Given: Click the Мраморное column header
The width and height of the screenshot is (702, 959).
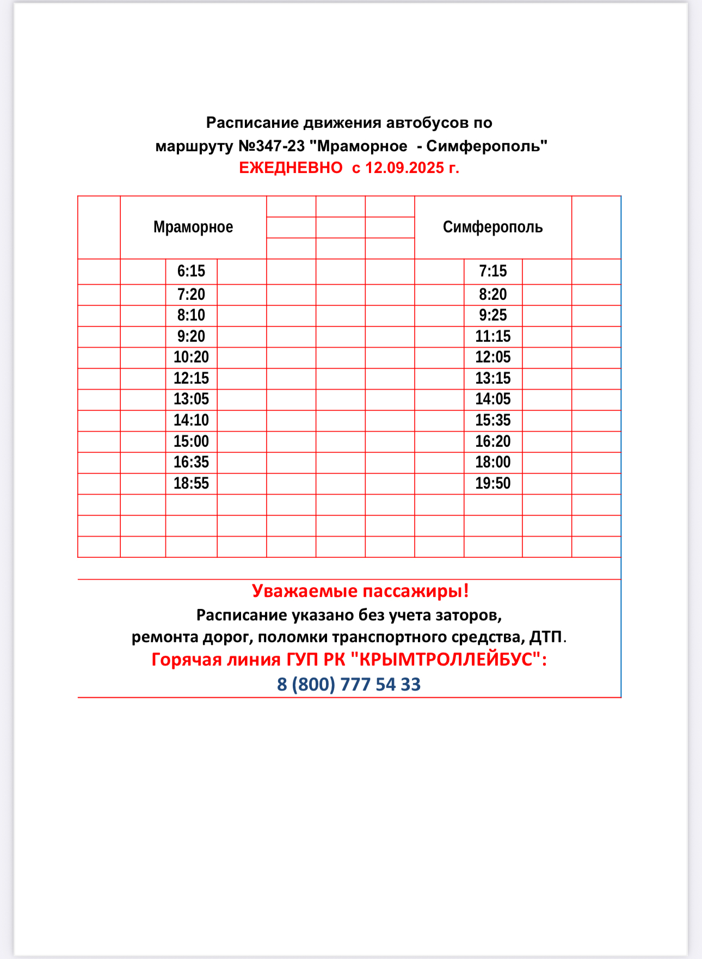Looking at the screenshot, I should click(193, 227).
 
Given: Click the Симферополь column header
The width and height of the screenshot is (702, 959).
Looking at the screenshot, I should click(492, 227).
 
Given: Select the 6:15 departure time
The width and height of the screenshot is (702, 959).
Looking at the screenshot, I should click(191, 271).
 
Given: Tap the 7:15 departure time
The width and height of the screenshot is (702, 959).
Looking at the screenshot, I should click(492, 271).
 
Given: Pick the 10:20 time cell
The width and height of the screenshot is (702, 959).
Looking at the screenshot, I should click(191, 358).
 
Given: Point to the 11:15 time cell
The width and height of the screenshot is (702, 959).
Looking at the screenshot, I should click(492, 336).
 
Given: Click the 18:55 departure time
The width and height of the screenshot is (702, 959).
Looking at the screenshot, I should click(191, 483).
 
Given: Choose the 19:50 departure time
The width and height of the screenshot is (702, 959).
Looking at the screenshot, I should click(492, 483).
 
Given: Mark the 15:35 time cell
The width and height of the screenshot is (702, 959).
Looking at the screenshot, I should click(492, 420).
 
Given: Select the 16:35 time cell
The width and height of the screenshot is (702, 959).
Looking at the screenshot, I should click(191, 463).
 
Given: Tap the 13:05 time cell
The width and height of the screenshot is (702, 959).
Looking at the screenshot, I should click(191, 399).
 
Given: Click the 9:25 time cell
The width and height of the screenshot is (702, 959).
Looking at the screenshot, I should click(492, 315).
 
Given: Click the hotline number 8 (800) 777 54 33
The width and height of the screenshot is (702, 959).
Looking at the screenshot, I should click(349, 684).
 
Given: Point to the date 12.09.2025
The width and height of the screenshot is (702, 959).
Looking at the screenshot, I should click(405, 168).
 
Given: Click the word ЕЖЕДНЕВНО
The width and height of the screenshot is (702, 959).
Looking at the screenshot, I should click(291, 168).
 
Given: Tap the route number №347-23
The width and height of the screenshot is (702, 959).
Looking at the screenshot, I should click(272, 146).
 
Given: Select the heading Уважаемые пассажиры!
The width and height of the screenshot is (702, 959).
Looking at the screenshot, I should click(360, 591).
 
